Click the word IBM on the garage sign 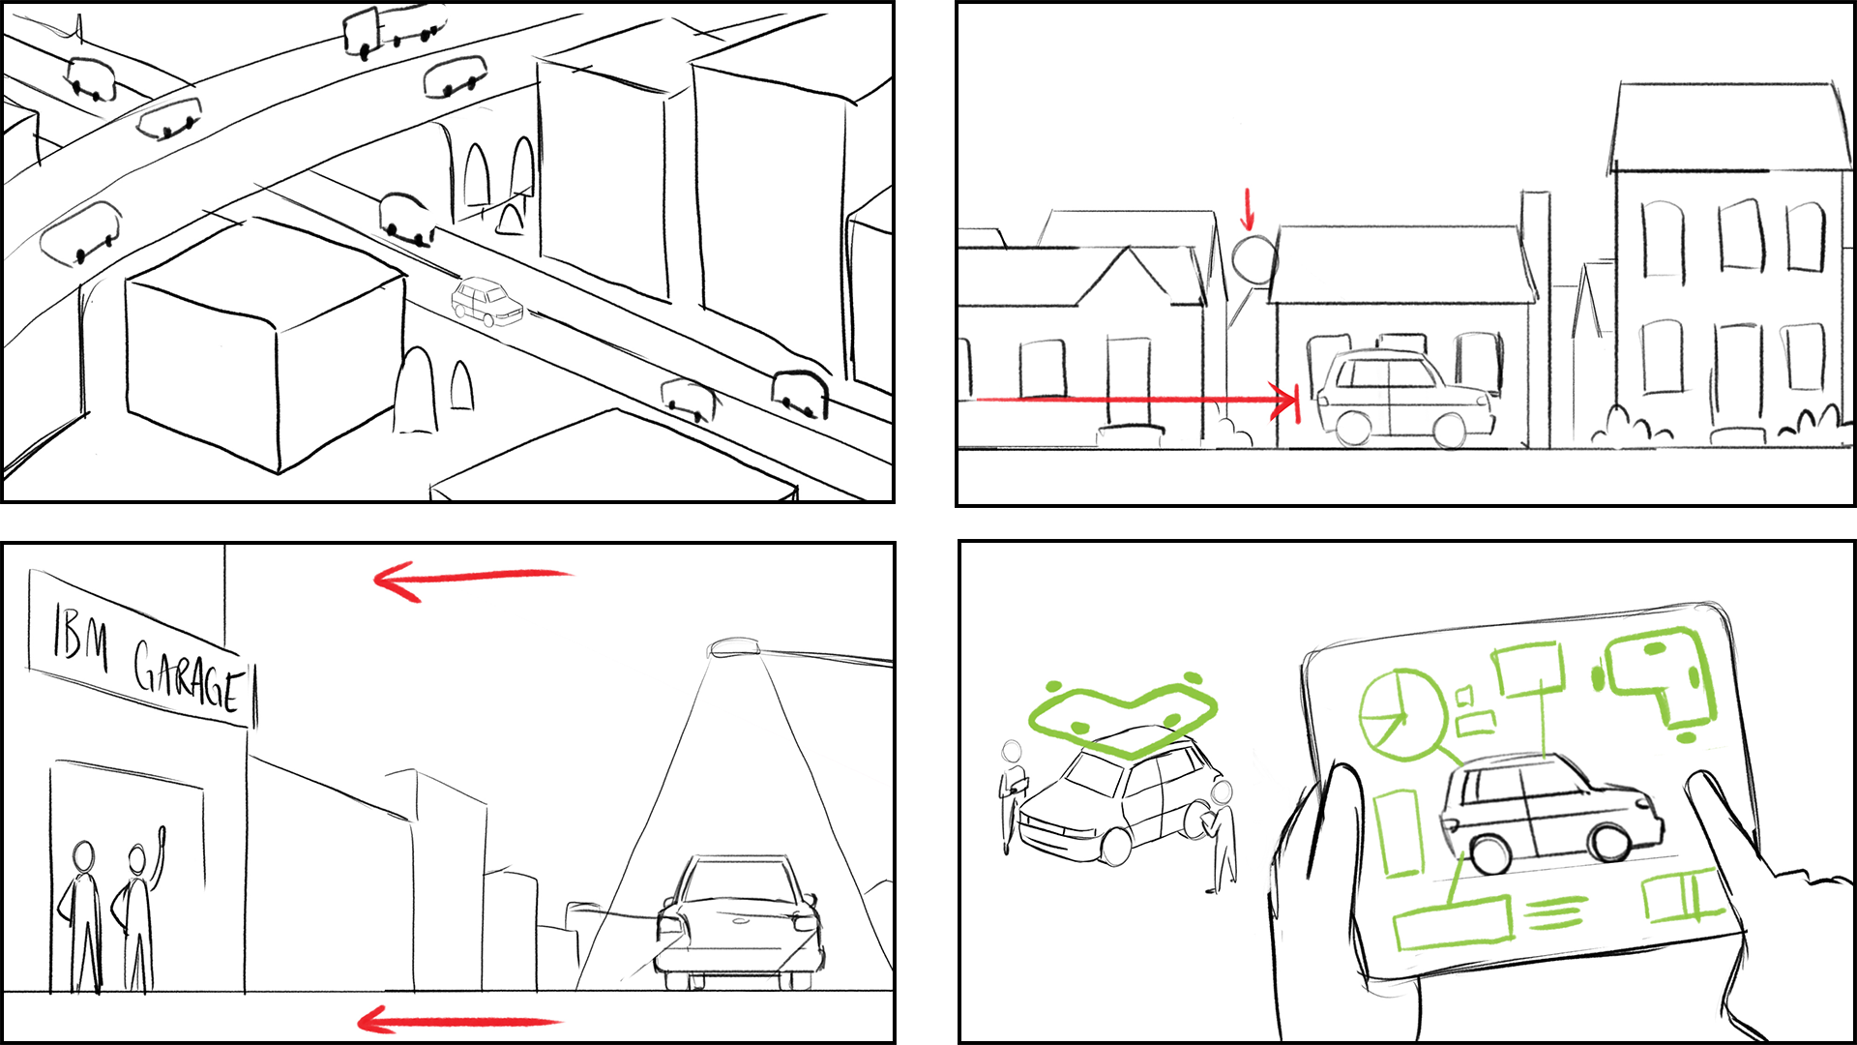click(x=80, y=639)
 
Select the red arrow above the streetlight click(x=473, y=579)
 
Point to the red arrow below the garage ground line click(x=459, y=1021)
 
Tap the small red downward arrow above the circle click(x=1248, y=209)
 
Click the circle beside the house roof click(x=1254, y=259)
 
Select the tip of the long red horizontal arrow click(x=1298, y=400)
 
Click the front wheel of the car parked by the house click(x=1448, y=428)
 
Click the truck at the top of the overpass click(x=395, y=28)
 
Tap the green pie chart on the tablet click(x=1401, y=714)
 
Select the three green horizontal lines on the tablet click(x=1556, y=911)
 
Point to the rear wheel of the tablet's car click(x=1489, y=853)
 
